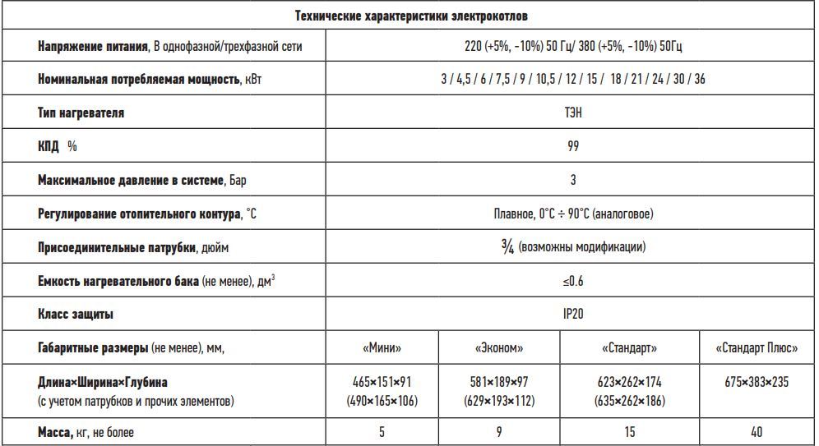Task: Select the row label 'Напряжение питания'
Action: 95,46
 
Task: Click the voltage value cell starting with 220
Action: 572,46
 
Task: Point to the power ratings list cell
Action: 572,79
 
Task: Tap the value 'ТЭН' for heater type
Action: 572,113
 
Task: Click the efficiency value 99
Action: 572,146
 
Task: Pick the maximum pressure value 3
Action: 572,180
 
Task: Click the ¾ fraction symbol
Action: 507,246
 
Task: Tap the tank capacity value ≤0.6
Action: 572,281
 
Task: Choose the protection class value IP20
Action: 572,314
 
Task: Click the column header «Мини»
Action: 382,348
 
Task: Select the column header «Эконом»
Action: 498,348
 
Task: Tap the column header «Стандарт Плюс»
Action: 757,348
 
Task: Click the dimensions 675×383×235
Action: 757,383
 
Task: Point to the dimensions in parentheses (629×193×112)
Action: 498,401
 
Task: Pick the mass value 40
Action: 757,431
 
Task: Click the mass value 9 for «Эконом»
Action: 498,431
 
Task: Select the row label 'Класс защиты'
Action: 76,314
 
